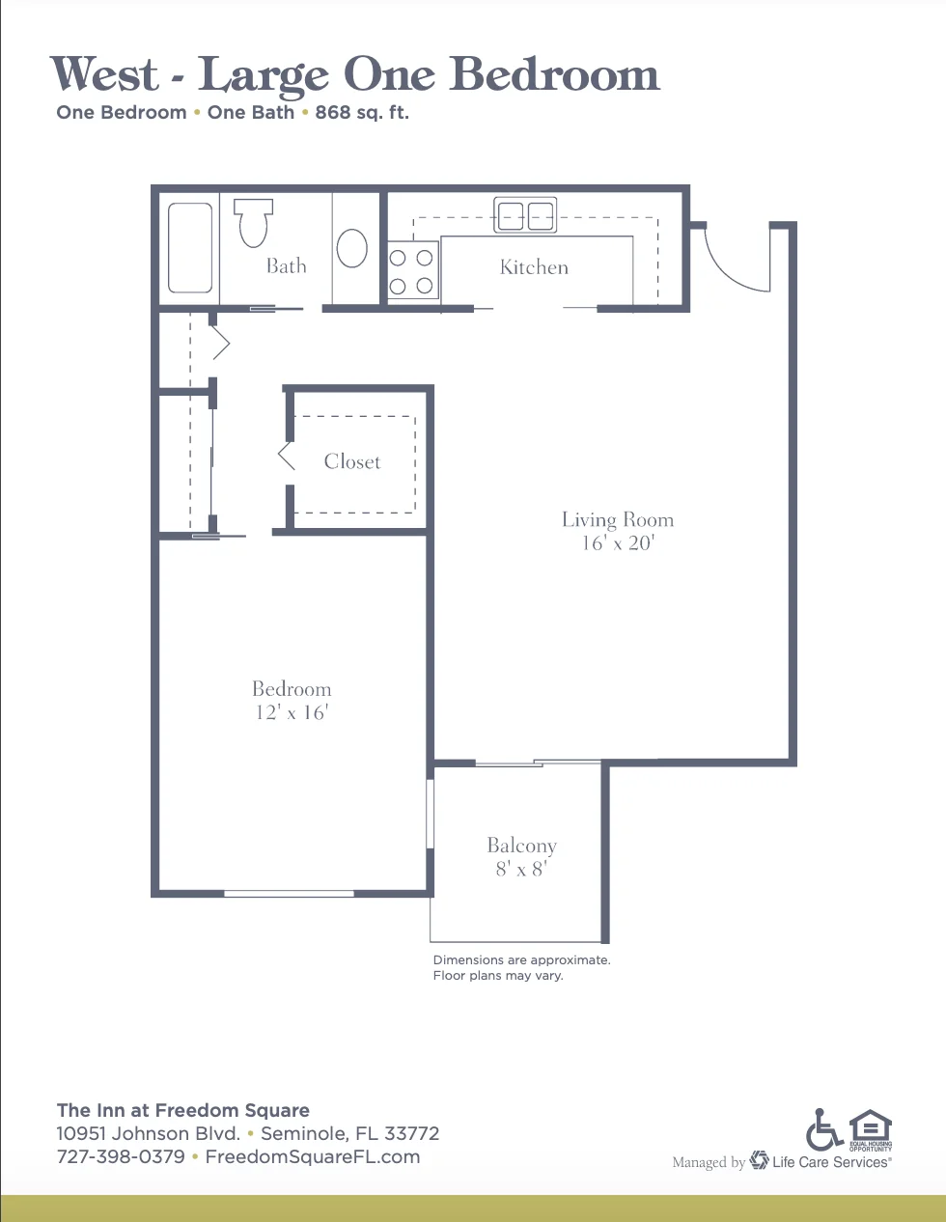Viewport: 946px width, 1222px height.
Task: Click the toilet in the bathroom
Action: tap(253, 222)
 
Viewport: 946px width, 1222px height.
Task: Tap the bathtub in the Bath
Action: tap(190, 248)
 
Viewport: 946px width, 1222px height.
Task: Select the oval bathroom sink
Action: tap(352, 248)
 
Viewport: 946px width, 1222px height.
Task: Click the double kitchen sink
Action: tap(525, 215)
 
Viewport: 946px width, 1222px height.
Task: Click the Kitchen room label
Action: tap(534, 267)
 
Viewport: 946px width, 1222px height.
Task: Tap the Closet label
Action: tap(352, 461)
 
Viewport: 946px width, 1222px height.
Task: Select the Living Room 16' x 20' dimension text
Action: tap(618, 543)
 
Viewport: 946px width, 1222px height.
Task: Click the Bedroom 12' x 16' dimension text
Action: tap(292, 712)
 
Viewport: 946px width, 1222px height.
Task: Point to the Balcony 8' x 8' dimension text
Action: tap(521, 870)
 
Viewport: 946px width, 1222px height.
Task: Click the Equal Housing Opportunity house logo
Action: tap(870, 1130)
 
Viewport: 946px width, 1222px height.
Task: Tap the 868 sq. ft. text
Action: tap(362, 113)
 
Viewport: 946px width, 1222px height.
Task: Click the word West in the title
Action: tap(104, 73)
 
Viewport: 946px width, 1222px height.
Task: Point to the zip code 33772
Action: tap(411, 1133)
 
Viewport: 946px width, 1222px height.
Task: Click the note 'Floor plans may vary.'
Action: tap(498, 976)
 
